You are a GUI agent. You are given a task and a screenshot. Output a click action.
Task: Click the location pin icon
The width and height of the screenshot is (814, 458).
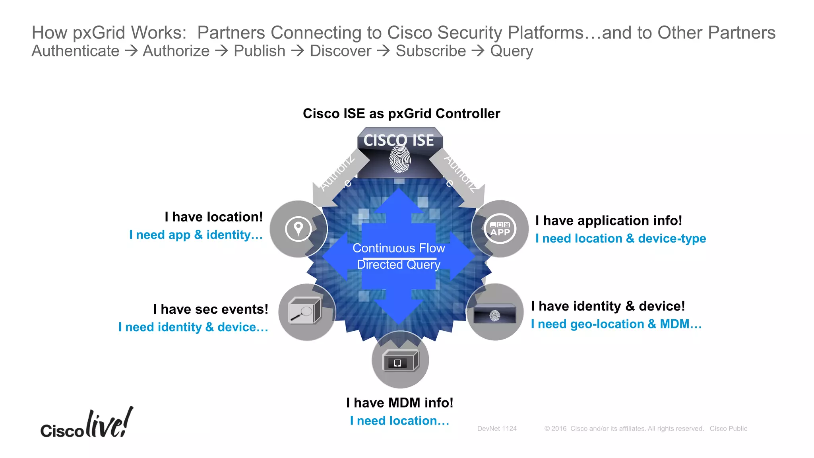tap(298, 229)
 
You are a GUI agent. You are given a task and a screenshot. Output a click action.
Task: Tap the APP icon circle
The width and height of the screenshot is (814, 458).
tap(500, 229)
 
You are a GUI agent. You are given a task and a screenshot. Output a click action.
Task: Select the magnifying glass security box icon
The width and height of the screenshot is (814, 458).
tap(304, 311)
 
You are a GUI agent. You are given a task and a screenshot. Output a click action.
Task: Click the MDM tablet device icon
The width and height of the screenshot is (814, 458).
tap(400, 361)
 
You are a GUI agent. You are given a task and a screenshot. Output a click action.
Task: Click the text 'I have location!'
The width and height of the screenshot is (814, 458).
tap(214, 217)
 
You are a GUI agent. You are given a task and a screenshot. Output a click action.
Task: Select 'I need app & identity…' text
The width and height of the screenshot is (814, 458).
tap(196, 235)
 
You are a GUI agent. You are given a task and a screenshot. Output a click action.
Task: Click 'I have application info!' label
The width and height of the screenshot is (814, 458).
tap(609, 221)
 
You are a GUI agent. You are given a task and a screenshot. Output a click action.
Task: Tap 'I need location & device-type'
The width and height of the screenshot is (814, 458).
tap(620, 239)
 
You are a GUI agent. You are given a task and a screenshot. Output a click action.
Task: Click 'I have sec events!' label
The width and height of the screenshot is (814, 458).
tap(211, 309)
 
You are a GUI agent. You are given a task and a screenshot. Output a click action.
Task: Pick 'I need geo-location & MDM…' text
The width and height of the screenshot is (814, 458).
tap(616, 324)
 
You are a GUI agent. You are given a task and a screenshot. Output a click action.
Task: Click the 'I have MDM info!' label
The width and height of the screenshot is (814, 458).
tap(399, 403)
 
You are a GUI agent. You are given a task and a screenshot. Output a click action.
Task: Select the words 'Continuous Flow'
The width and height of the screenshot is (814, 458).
tap(399, 248)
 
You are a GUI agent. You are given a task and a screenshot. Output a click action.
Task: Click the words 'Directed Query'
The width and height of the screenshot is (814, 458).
tap(399, 265)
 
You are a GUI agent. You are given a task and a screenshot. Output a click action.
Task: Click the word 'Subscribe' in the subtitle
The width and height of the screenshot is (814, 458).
tap(430, 51)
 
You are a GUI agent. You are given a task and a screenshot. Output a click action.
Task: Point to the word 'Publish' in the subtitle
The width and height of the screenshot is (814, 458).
tap(260, 51)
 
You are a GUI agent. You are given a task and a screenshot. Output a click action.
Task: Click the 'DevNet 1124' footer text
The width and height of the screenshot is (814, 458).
tap(497, 429)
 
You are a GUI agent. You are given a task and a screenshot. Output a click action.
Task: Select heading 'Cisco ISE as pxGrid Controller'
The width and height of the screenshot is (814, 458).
tap(401, 114)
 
